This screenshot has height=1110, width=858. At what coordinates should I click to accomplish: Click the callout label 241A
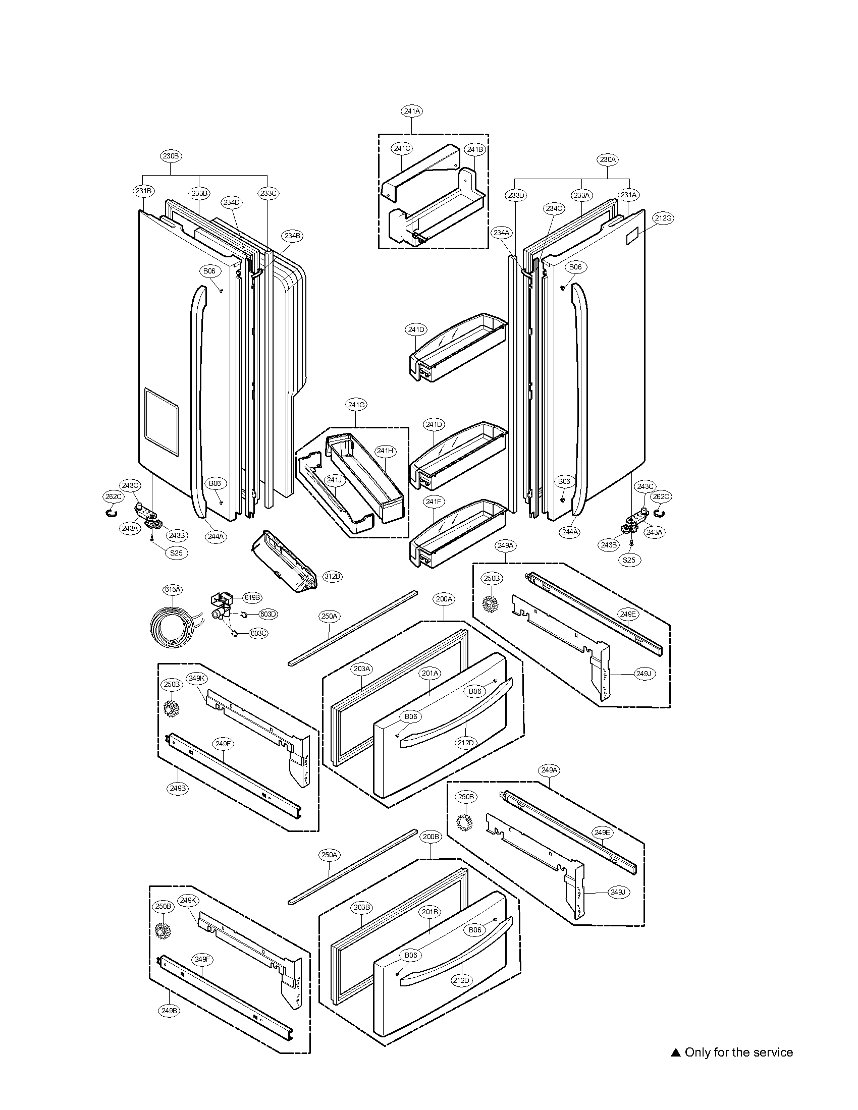tap(411, 111)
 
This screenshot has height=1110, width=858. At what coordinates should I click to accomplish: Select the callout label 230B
tap(171, 156)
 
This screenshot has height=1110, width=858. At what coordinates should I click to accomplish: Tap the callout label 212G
tap(663, 218)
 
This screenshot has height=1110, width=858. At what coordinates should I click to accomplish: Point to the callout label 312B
tap(332, 576)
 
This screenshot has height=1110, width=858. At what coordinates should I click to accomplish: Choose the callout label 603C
tap(258, 633)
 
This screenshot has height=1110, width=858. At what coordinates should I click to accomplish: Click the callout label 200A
tap(444, 599)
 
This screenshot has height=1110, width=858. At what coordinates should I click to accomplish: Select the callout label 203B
tap(362, 907)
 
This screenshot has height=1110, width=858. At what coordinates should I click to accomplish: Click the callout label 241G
tap(356, 405)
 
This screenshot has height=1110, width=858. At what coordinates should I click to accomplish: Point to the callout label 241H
tap(385, 451)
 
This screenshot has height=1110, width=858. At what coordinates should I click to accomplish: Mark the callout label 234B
tap(292, 236)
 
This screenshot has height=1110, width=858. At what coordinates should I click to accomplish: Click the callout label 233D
tap(516, 195)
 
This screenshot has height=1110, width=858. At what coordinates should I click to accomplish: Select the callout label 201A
tap(430, 674)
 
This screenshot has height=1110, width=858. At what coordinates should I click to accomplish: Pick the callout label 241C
tap(402, 148)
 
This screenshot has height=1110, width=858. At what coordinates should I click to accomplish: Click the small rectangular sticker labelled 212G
tap(632, 236)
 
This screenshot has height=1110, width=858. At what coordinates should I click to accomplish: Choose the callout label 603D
tap(268, 614)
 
